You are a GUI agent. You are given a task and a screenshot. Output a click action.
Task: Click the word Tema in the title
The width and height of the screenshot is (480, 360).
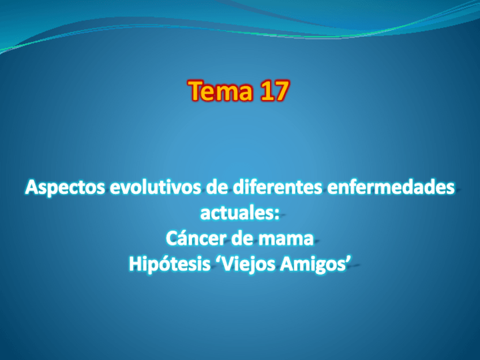point(221,91)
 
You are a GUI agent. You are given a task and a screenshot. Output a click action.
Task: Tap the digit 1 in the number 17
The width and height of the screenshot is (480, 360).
point(265,91)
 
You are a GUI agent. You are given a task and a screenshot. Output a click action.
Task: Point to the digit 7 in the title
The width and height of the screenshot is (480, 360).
point(280,91)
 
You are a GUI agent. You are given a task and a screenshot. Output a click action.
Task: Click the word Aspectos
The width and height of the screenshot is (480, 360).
point(65,188)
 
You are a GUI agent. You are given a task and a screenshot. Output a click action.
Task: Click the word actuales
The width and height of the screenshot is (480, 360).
point(237,213)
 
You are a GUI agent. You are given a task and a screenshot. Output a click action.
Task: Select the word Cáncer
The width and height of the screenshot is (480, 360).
point(194,238)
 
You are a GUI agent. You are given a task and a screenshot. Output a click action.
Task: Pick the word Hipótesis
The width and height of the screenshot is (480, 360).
point(170,263)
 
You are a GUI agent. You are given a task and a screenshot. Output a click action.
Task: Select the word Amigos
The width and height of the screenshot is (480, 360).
point(312,264)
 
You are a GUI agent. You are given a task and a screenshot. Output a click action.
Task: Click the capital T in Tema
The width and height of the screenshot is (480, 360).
point(197,91)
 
